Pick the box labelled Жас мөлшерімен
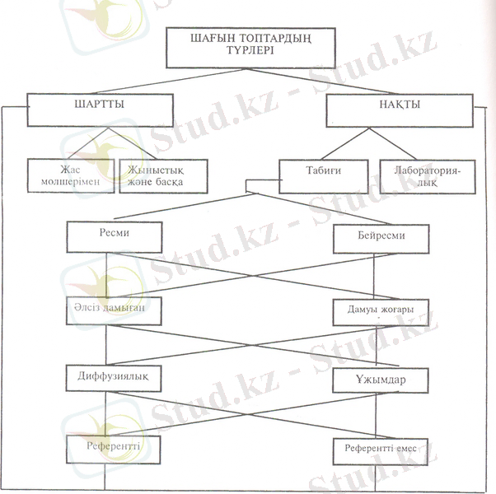(x=69, y=175)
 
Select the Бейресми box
(x=381, y=239)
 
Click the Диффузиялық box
(x=113, y=376)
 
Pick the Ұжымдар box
(x=381, y=380)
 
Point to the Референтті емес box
(x=381, y=450)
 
